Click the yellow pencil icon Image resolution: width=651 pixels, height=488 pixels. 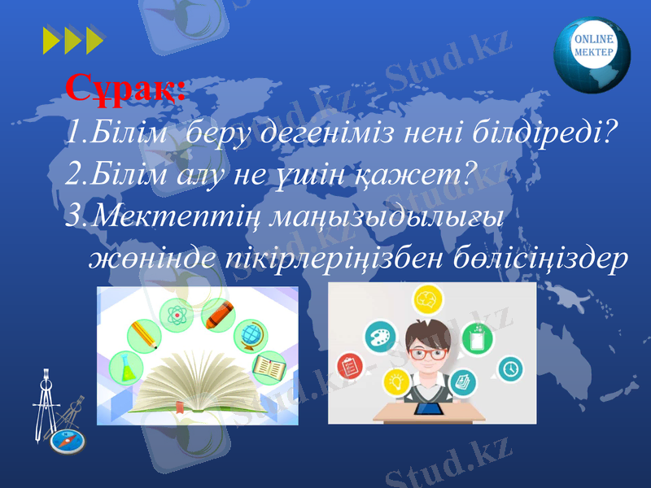tap(144, 335)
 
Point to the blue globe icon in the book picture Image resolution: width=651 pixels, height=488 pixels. tap(250, 335)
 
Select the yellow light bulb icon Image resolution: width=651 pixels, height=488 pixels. tap(396, 379)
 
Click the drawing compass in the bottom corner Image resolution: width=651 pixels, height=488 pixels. tap(50, 407)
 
